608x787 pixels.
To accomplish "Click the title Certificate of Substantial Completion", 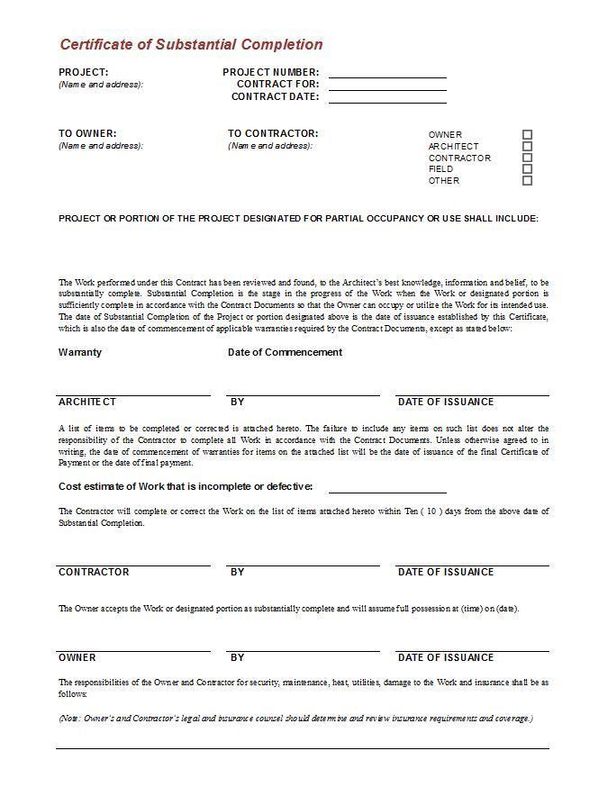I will [x=191, y=44].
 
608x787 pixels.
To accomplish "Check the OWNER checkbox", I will [x=528, y=135].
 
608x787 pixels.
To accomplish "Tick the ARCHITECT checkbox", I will [x=528, y=146].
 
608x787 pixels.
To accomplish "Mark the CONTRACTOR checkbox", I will [x=528, y=158].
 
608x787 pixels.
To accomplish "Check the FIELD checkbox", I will [x=528, y=168].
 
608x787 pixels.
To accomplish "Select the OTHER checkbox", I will [x=528, y=180].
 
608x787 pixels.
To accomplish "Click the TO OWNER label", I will [x=87, y=134].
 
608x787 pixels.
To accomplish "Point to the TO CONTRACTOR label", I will [x=273, y=134].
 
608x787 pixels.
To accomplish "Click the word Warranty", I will [x=80, y=352].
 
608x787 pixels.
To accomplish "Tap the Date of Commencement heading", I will [x=285, y=352].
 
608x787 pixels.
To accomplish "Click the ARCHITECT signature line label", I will [x=87, y=402].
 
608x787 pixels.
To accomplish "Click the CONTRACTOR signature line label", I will [x=94, y=572].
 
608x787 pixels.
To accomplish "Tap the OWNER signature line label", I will [x=77, y=657].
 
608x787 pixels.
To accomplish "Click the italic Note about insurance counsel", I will [x=295, y=719].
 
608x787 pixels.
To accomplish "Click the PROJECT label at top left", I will [x=84, y=72].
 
